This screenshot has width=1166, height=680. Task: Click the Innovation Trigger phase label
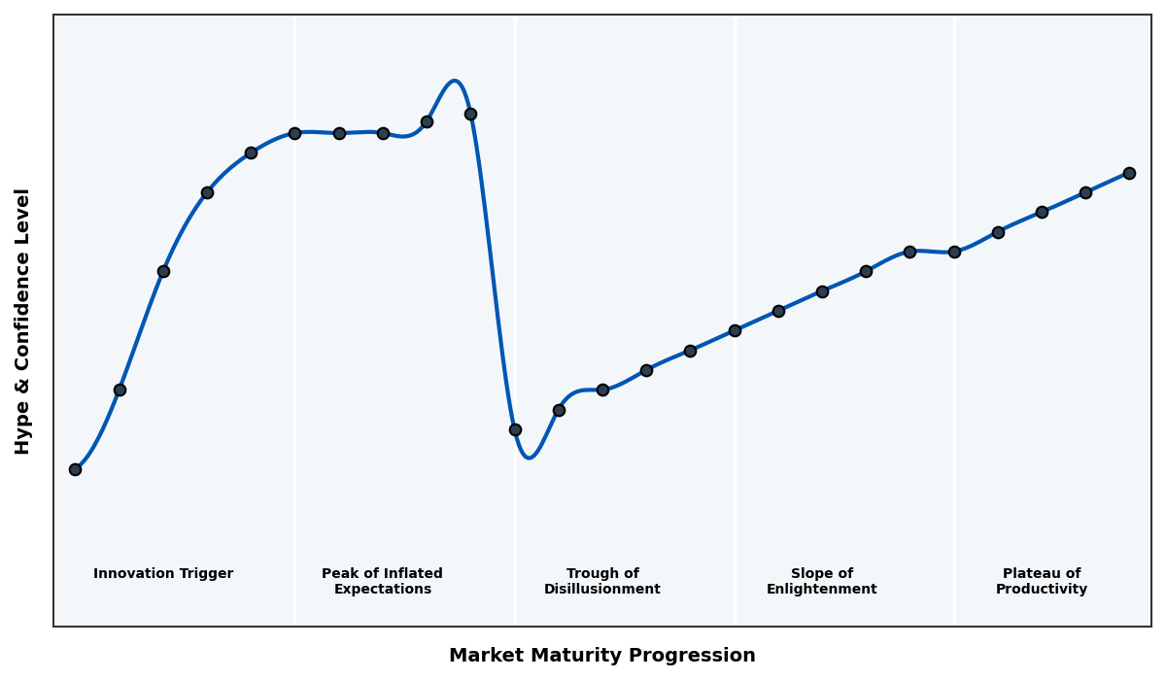click(163, 574)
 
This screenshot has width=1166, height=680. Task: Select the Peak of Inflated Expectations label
click(382, 582)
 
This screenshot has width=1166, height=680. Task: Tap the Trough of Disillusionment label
click(602, 582)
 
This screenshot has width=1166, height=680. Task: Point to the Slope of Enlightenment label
click(822, 582)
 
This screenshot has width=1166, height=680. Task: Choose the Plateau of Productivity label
click(1042, 582)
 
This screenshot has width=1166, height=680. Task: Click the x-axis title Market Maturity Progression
click(602, 656)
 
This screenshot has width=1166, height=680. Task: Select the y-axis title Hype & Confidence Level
click(23, 321)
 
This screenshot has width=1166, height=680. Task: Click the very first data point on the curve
click(75, 469)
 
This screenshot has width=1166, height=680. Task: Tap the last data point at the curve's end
click(1129, 173)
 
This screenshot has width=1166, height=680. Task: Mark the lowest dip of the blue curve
click(529, 458)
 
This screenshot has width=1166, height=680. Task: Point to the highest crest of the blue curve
click(454, 81)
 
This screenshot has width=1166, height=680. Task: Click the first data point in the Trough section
click(515, 429)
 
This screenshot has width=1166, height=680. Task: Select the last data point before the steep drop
click(470, 114)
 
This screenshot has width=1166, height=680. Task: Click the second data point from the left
click(120, 390)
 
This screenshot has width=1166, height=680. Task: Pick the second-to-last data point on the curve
click(1085, 192)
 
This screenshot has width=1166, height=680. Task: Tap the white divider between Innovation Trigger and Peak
click(295, 321)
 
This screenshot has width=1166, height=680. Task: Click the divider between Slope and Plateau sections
click(954, 389)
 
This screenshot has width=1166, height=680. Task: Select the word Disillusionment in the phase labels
click(602, 590)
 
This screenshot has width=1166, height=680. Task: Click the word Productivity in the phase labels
click(1042, 590)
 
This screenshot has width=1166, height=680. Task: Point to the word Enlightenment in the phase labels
click(822, 590)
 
